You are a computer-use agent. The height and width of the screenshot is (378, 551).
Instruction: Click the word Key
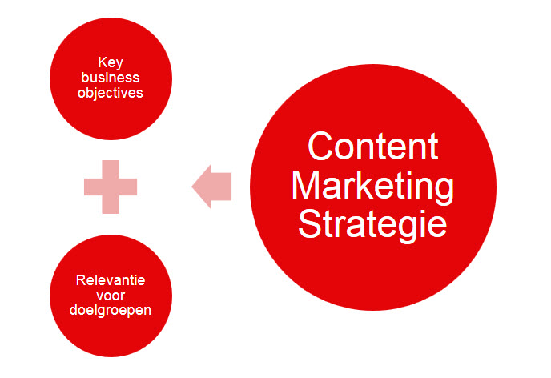pyautogui.click(x=111, y=63)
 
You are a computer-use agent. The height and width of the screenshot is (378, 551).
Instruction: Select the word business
pyautogui.click(x=111, y=78)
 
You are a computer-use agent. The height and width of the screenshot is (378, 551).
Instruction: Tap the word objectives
pyautogui.click(x=111, y=93)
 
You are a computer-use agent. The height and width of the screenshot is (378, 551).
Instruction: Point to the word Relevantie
pyautogui.click(x=111, y=280)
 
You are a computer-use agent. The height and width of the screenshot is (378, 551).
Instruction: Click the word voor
pyautogui.click(x=111, y=296)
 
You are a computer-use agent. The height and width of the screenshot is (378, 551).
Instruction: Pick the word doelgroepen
pyautogui.click(x=111, y=311)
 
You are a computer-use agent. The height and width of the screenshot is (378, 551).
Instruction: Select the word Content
pyautogui.click(x=373, y=147)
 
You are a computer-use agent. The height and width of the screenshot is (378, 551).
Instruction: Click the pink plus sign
pyautogui.click(x=111, y=187)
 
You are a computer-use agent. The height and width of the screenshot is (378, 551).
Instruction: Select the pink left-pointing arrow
pyautogui.click(x=211, y=187)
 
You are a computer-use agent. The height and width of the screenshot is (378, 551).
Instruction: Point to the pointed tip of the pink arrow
pyautogui.click(x=192, y=187)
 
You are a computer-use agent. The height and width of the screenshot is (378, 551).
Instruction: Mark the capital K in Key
pyautogui.click(x=103, y=62)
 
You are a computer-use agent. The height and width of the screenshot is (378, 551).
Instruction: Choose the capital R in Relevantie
pyautogui.click(x=80, y=280)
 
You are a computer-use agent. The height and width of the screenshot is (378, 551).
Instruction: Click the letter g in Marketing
pyautogui.click(x=442, y=191)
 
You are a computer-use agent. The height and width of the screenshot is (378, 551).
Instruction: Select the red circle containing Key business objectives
pyautogui.click(x=111, y=78)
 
